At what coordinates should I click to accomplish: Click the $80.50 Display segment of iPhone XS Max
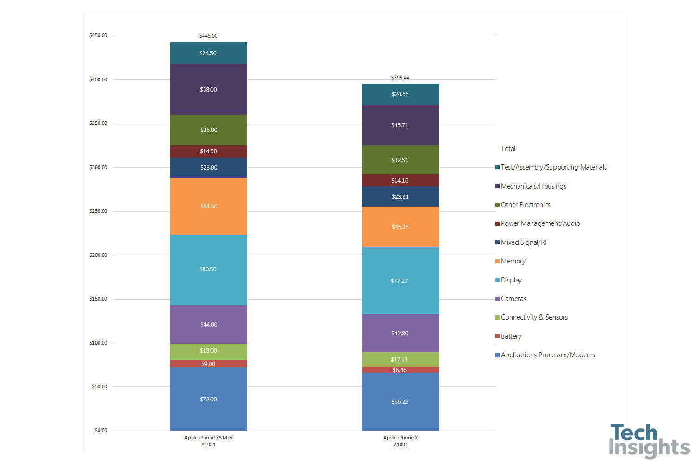[208, 269]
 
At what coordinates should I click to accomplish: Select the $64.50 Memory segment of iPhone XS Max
[208, 206]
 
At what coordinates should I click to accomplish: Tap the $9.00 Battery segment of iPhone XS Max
[208, 364]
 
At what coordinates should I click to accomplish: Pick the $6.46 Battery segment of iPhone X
[400, 370]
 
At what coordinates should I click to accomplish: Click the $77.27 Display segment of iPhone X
[400, 281]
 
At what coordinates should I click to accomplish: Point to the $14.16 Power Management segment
[400, 180]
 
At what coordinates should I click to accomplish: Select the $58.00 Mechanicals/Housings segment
[208, 89]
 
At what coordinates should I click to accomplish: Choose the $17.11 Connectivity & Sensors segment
[400, 359]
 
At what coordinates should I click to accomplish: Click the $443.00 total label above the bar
[208, 36]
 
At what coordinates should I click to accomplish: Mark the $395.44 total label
[400, 78]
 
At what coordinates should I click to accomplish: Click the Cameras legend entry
[513, 299]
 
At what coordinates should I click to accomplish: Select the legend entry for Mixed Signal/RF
[524, 242]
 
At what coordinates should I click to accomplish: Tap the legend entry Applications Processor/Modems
[547, 355]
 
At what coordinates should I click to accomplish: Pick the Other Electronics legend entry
[525, 205]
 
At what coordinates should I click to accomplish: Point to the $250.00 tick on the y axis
[98, 211]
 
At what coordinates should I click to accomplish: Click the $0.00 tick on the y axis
[101, 431]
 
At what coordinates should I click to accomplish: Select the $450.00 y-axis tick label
[98, 36]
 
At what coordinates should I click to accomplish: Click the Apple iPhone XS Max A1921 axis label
[208, 441]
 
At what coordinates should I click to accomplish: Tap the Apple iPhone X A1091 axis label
[401, 441]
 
